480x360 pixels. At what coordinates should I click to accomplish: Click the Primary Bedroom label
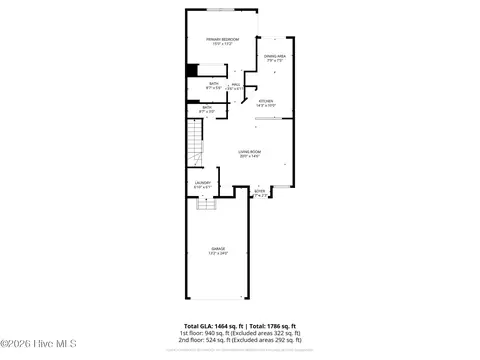pos(221,39)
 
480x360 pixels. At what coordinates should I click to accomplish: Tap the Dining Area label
pos(276,56)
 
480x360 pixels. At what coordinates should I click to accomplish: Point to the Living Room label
pos(249,152)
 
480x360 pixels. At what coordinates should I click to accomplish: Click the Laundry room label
pos(202,182)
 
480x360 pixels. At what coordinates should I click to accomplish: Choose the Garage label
pos(218,247)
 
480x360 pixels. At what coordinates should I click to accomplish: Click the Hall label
pos(236,84)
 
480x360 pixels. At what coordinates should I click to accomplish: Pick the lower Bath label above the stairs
pos(207,106)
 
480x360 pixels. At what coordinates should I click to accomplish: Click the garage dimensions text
pos(218,252)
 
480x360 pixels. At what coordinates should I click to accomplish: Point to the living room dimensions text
pos(249,157)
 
